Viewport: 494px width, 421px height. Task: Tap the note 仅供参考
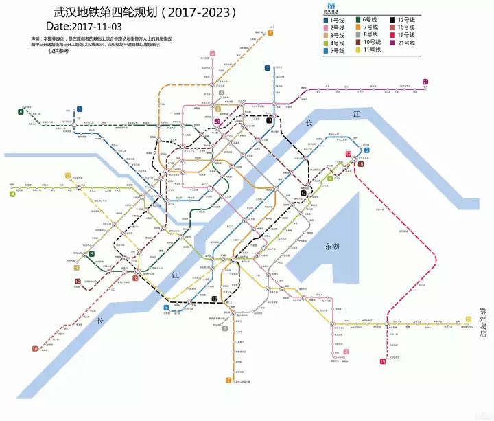click(x=58, y=52)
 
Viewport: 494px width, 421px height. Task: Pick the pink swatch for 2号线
click(x=326, y=27)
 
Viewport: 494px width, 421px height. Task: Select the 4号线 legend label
click(x=338, y=43)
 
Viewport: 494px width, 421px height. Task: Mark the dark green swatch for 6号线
click(x=360, y=19)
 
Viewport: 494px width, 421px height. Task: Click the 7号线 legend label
click(x=372, y=27)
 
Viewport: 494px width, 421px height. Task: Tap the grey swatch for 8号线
click(x=360, y=35)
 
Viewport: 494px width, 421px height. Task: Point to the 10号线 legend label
click(x=372, y=43)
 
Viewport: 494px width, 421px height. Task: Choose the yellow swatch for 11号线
click(x=360, y=50)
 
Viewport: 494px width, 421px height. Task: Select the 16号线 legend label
click(x=406, y=27)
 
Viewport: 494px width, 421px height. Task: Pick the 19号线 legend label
click(x=406, y=35)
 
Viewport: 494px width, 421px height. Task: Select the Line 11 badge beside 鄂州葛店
click(x=469, y=318)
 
